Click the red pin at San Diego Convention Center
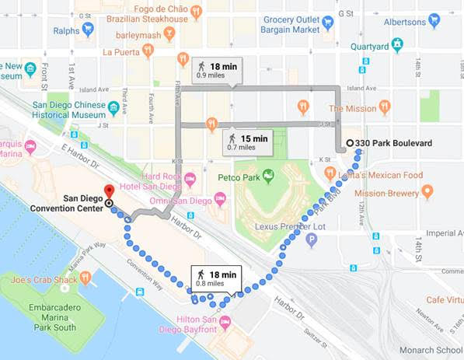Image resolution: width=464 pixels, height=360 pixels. (x=109, y=190)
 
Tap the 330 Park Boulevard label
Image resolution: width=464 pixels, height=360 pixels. (x=396, y=143)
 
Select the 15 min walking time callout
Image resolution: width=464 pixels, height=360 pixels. (x=246, y=142)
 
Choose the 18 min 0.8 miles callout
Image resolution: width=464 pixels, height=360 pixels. (x=217, y=278)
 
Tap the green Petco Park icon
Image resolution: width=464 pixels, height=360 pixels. (x=269, y=176)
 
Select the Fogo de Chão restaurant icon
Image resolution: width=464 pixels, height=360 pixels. (x=196, y=11)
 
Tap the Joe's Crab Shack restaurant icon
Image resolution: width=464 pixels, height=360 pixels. (x=85, y=278)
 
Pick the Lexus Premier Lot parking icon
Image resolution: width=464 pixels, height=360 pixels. (x=312, y=240)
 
